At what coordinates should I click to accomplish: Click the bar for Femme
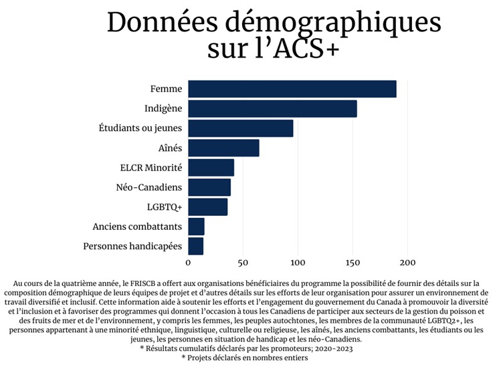click(292, 89)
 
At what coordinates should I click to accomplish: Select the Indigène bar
click(272, 108)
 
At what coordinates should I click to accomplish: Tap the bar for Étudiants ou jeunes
click(240, 128)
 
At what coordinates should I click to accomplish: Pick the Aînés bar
click(223, 148)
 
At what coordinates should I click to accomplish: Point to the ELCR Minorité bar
click(211, 168)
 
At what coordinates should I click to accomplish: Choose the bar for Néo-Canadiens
click(209, 187)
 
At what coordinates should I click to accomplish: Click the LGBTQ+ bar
click(207, 207)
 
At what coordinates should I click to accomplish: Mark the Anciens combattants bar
click(196, 227)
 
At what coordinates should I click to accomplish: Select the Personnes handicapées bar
click(195, 247)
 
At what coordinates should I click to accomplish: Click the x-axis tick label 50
click(243, 262)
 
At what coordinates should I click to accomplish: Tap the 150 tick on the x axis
click(353, 262)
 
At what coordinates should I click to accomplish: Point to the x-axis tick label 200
click(407, 262)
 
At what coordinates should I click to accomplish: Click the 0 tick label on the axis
click(188, 262)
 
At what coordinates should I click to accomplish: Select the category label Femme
click(166, 89)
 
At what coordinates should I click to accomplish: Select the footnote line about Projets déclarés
click(244, 358)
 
